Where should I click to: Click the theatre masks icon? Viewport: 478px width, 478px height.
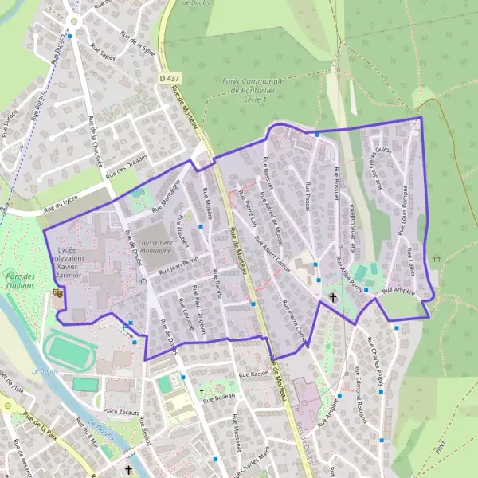click(57, 293)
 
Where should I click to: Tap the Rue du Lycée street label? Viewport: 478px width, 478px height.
click(63, 207)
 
